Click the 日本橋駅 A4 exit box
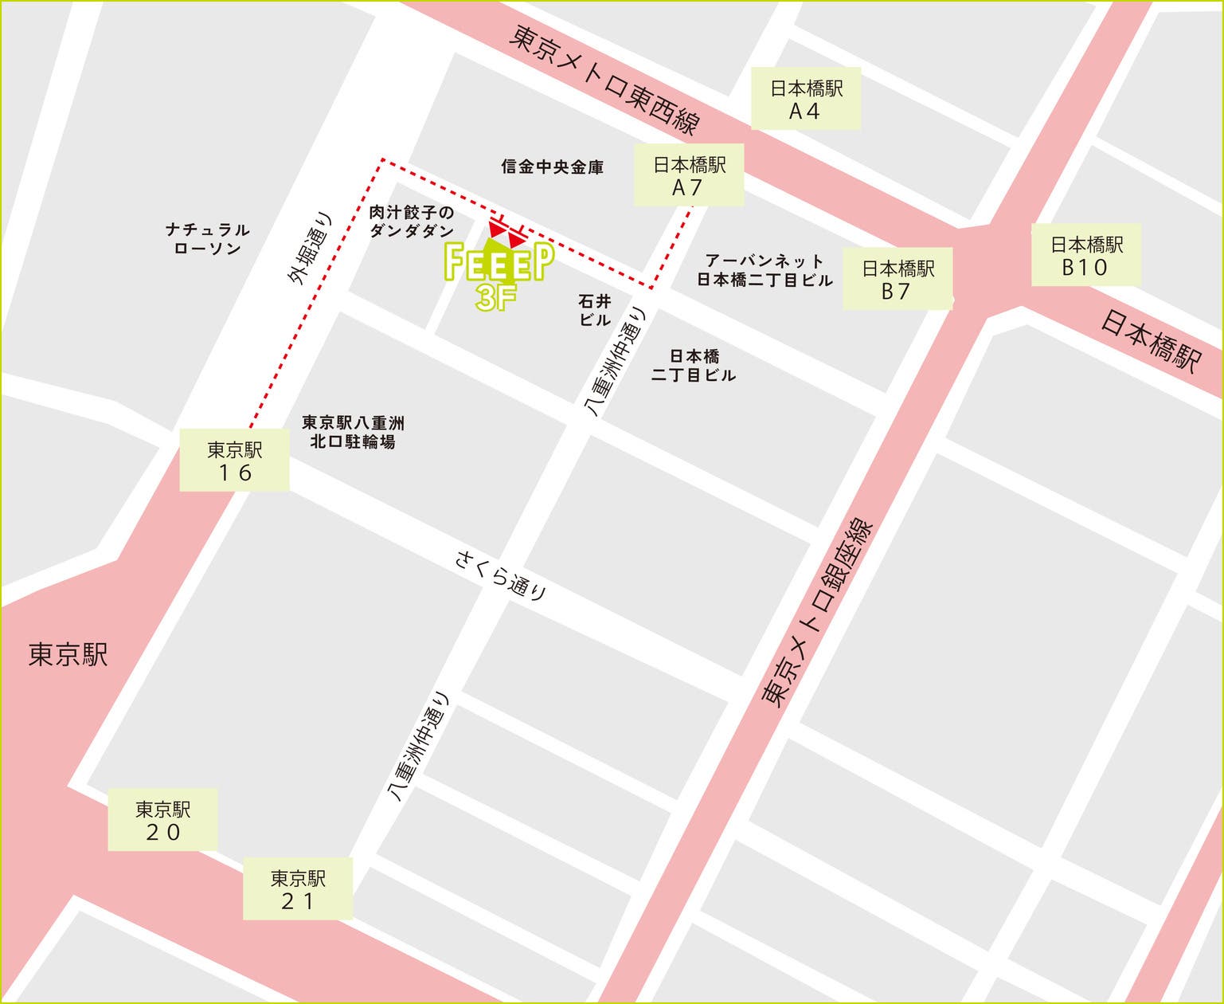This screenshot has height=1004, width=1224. [806, 99]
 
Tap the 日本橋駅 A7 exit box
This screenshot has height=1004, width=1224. [689, 175]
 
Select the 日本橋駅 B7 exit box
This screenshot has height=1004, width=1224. [897, 279]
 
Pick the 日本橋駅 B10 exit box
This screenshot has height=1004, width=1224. [1085, 255]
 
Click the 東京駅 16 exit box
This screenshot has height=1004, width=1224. [234, 461]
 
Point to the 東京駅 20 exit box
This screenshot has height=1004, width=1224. [162, 820]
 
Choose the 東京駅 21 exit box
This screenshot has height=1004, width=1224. [297, 889]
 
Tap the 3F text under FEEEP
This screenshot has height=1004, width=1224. [496, 298]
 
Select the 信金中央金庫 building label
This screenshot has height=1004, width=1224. [552, 167]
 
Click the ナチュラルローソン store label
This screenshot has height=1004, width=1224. [207, 239]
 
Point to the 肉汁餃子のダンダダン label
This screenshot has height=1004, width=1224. [411, 222]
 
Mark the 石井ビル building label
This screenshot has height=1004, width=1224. [595, 310]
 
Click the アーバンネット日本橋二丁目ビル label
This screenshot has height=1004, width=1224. [765, 270]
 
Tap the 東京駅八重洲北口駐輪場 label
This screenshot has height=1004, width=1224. [353, 431]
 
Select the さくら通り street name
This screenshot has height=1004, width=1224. [501, 575]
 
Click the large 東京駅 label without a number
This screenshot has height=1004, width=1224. [68, 655]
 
